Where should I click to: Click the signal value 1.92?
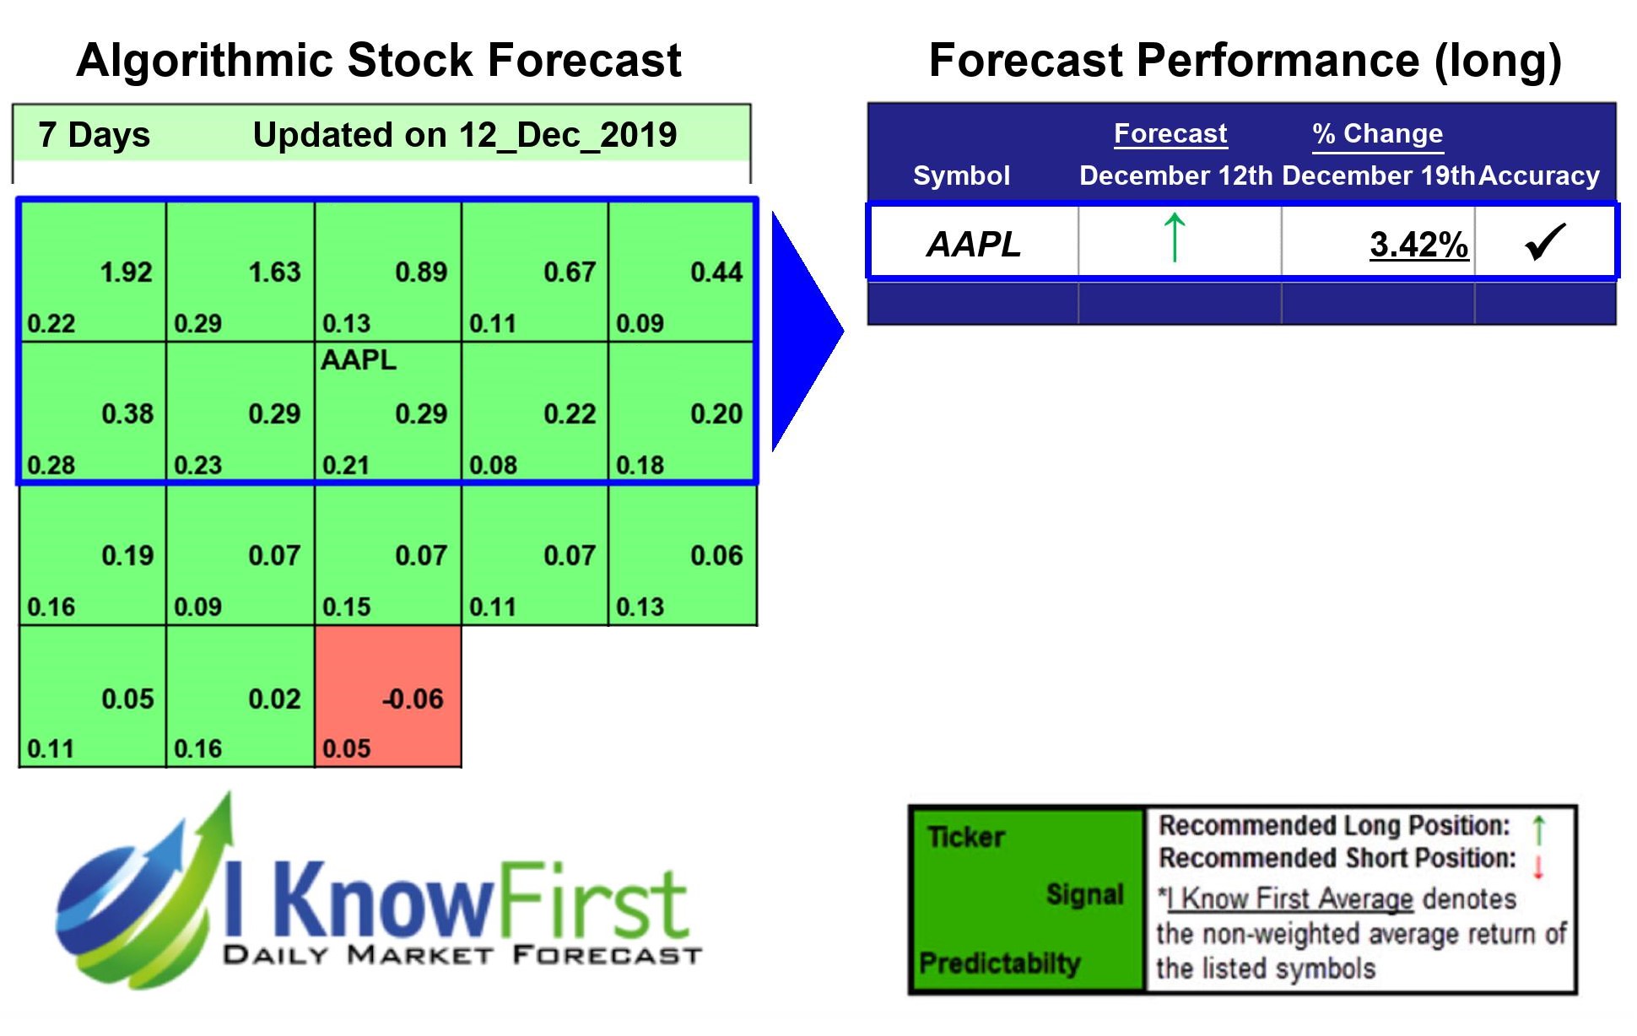[x=126, y=272]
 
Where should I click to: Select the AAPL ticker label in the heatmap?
[x=358, y=360]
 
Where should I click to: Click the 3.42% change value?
[x=1418, y=245]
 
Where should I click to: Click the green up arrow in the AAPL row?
[x=1174, y=238]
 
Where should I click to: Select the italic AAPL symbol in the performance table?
[x=974, y=245]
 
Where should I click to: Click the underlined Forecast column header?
[x=1170, y=134]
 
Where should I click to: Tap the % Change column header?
[x=1377, y=134]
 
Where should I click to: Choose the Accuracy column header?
[x=1539, y=175]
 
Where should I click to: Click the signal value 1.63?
[x=274, y=272]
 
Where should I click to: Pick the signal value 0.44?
[x=716, y=272]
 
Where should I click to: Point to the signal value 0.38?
[x=127, y=414]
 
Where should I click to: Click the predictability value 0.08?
[x=493, y=466]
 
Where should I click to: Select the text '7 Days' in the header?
[x=94, y=135]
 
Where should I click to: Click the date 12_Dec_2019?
[x=567, y=135]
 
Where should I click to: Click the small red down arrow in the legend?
[x=1537, y=866]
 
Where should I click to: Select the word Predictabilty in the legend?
[x=999, y=963]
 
